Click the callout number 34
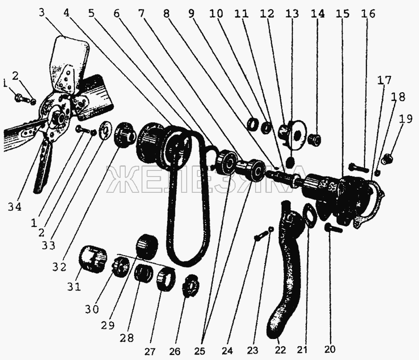pos(14,207)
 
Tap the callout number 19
pos(405,118)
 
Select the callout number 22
pos(280,350)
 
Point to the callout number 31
pos(74,287)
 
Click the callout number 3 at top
pos(42,13)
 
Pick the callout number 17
pos(384,80)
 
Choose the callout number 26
pos(175,351)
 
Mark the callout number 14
pos(318,14)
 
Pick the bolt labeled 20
pos(333,228)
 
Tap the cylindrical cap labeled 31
pos(92,258)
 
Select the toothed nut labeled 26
pos(190,286)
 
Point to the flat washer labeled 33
pos(106,130)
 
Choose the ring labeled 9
pos(253,124)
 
